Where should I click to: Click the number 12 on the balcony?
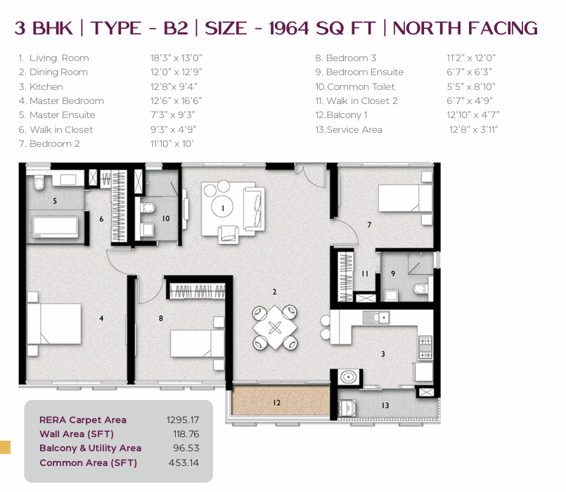[277, 403]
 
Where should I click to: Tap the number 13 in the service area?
[385, 406]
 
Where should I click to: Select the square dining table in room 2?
[275, 328]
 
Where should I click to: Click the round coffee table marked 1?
[222, 207]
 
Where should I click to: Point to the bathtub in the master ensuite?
[56, 227]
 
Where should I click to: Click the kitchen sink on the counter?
[376, 317]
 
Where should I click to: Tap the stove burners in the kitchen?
[425, 348]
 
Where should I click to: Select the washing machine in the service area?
[347, 408]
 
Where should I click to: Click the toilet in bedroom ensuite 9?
[420, 288]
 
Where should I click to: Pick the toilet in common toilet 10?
[148, 208]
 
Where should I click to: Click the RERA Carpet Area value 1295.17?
[183, 420]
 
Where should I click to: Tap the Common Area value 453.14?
[184, 462]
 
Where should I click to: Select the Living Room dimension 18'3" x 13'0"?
[176, 58]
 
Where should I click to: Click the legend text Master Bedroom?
[66, 101]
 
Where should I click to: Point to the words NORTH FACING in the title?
[465, 28]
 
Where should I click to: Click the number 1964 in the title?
[289, 28]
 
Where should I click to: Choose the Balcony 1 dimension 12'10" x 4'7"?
[473, 115]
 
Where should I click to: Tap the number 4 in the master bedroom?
[101, 318]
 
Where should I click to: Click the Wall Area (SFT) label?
[77, 434]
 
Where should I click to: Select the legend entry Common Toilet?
[361, 86]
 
